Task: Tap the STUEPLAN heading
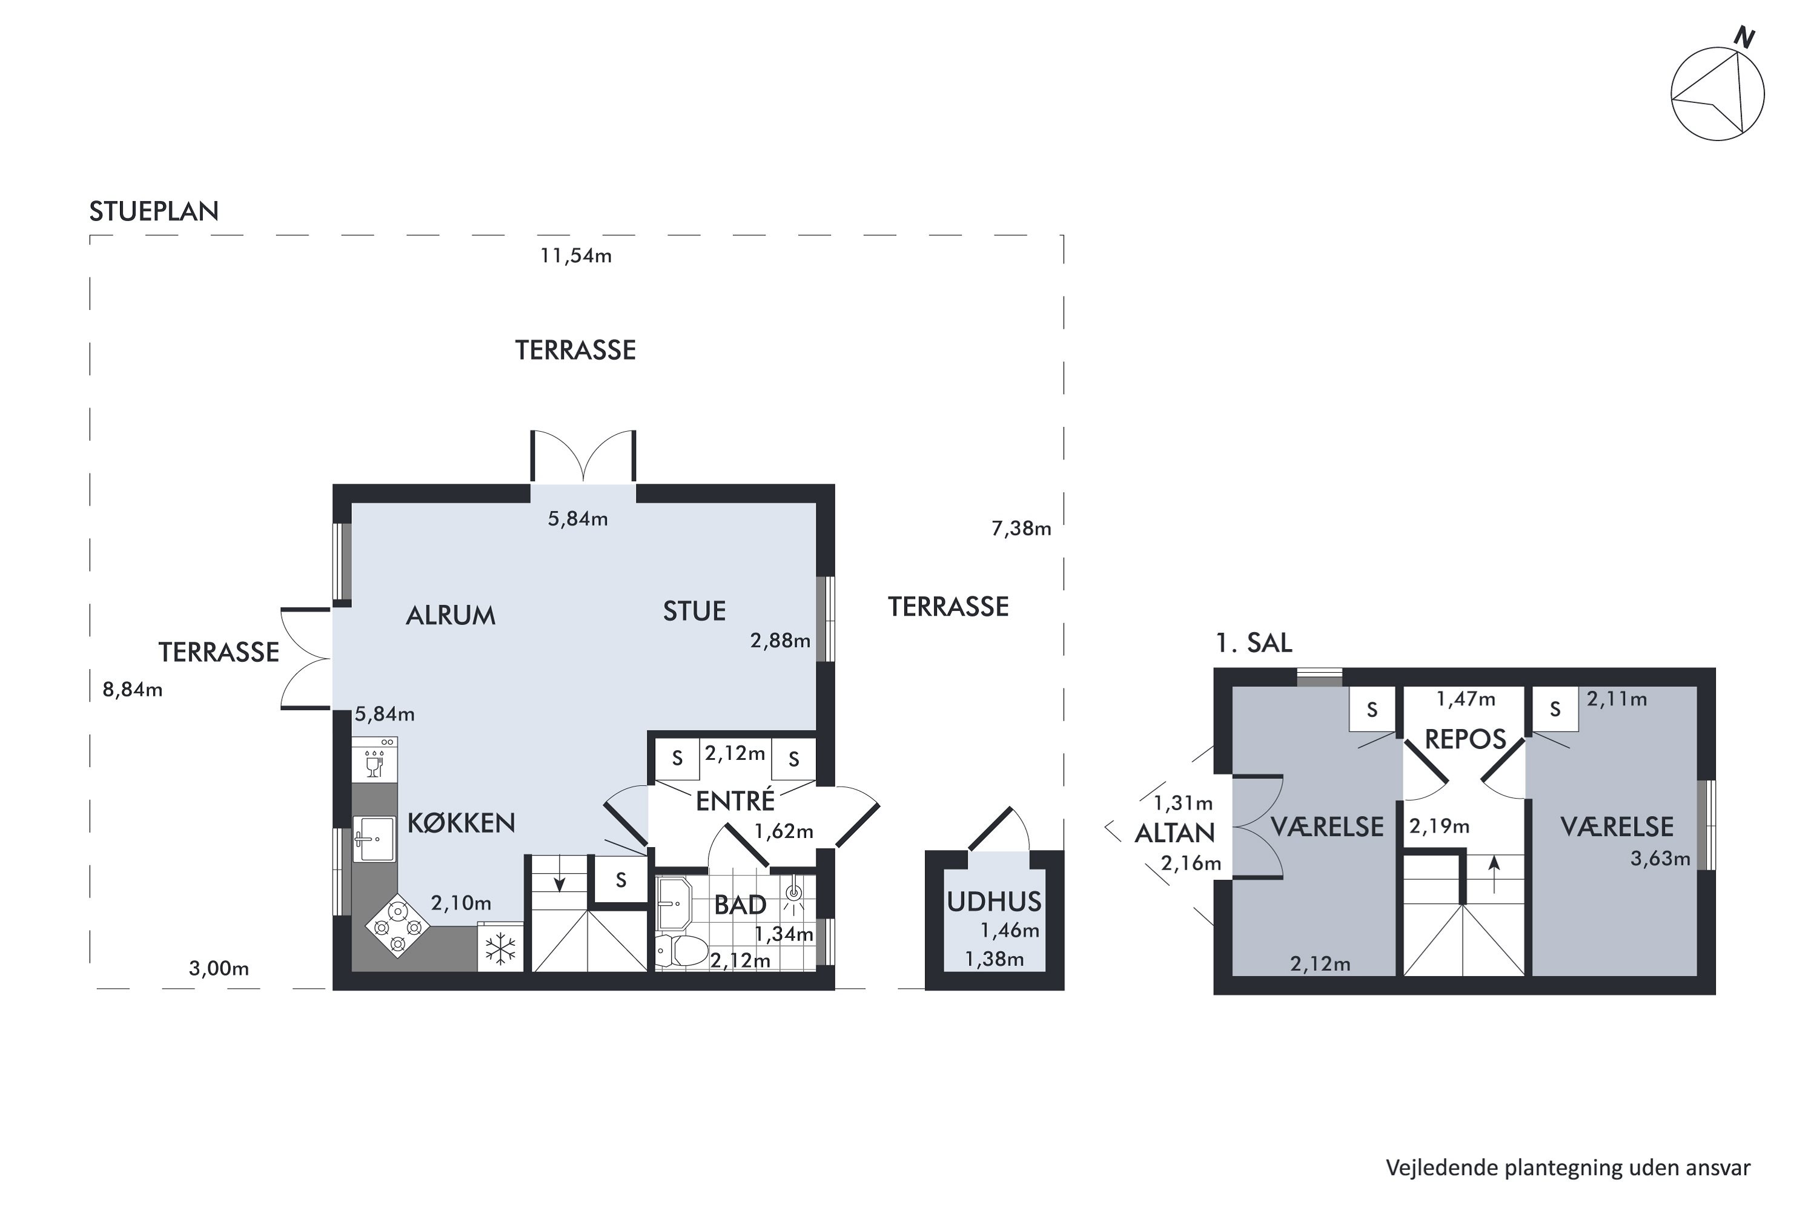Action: point(154,211)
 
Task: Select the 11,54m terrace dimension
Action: point(575,256)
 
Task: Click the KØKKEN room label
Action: point(461,823)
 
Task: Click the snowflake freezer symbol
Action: point(500,948)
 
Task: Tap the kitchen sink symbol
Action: point(374,839)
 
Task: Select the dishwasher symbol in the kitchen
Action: point(374,759)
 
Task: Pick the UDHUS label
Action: point(995,902)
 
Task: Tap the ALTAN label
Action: point(1174,833)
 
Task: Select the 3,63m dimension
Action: point(1660,858)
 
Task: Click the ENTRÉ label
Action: point(735,801)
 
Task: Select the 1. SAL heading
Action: point(1253,642)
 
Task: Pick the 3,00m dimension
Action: point(219,968)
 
